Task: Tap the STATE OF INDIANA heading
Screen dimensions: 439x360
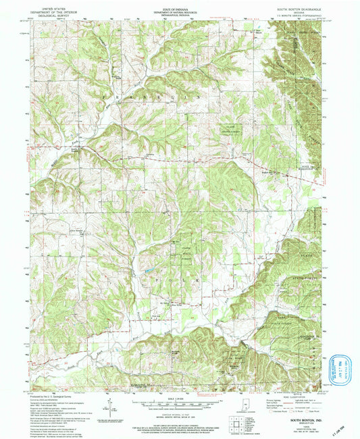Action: (178, 8)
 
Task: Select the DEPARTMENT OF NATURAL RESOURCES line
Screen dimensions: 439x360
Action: (178, 11)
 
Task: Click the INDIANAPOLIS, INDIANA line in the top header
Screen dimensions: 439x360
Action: (178, 15)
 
